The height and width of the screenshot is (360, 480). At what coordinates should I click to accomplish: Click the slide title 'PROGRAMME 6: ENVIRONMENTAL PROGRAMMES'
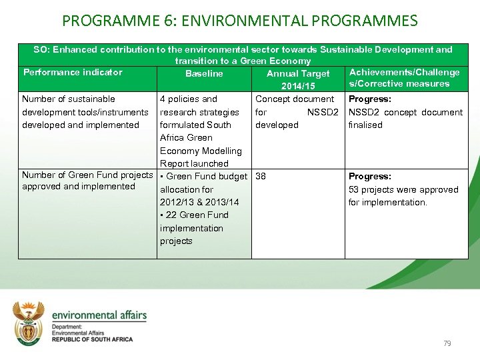point(240,20)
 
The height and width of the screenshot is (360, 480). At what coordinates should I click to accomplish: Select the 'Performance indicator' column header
point(73,73)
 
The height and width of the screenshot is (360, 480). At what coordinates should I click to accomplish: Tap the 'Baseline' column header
point(204,74)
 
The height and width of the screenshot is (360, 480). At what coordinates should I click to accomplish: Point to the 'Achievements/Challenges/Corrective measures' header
point(404,78)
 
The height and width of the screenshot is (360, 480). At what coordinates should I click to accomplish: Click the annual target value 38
point(261,177)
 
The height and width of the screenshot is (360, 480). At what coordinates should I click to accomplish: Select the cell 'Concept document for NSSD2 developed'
point(297,112)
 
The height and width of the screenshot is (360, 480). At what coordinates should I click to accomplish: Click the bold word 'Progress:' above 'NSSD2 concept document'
point(370,99)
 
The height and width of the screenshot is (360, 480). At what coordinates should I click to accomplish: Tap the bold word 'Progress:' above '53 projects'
point(370,177)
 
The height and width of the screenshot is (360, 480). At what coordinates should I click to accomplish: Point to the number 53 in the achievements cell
point(354,190)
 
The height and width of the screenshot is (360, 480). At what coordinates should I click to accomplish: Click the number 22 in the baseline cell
point(172,215)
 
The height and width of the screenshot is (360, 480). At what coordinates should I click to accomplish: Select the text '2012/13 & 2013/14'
point(199,202)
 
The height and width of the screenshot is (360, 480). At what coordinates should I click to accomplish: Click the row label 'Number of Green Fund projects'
point(87,175)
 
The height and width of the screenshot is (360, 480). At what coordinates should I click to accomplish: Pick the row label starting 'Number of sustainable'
point(69,99)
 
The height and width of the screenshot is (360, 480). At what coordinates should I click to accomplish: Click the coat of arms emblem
point(29,323)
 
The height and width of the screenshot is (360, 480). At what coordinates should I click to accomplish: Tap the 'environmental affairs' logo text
point(99,315)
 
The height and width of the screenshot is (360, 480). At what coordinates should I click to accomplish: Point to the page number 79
point(447,343)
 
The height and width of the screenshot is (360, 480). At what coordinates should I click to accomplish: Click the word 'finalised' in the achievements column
point(365,125)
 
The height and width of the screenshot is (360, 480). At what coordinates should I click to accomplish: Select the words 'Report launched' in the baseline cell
point(194,163)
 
